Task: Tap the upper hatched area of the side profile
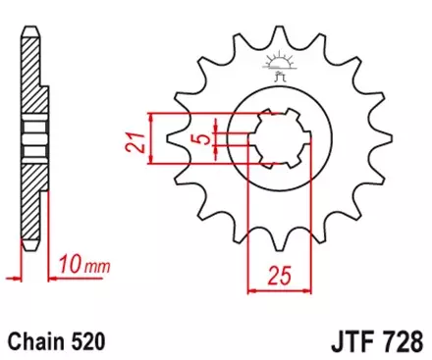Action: point(31,78)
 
